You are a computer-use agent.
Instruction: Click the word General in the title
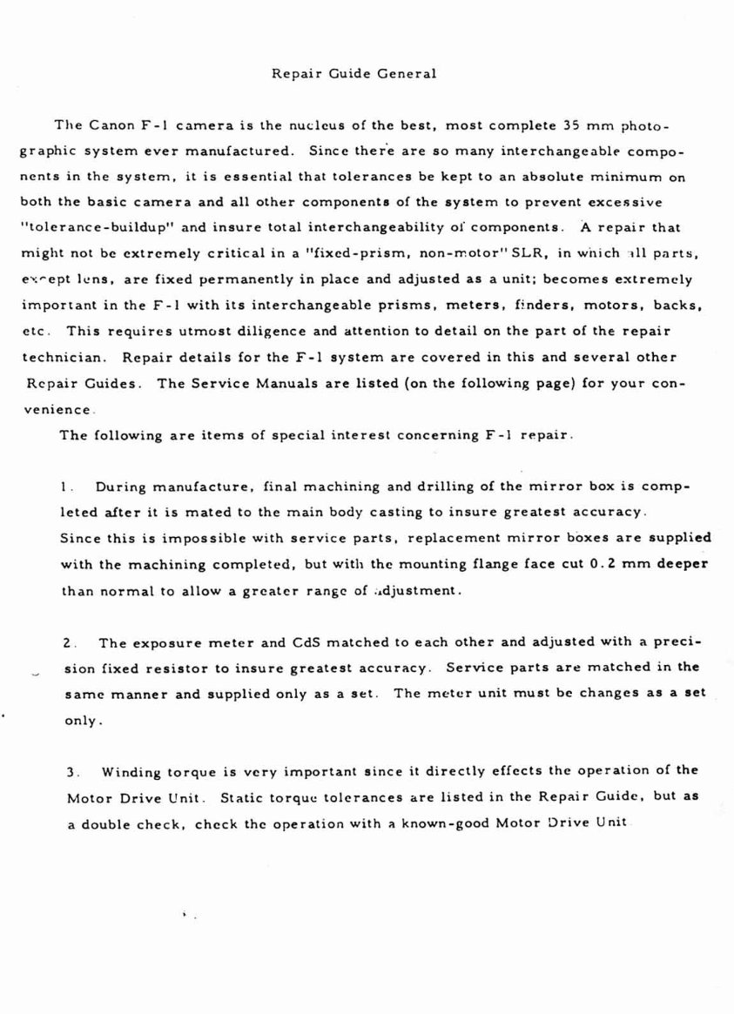click(x=407, y=74)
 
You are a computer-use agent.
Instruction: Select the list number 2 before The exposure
click(x=69, y=643)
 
